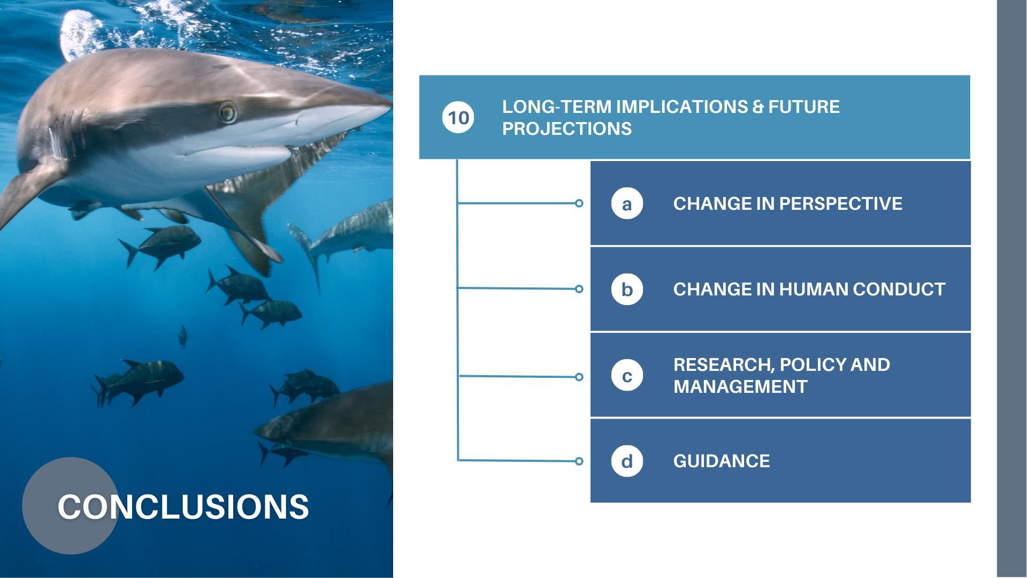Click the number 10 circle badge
[458, 118]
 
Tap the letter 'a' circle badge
[627, 203]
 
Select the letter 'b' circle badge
[627, 289]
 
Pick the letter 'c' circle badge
[627, 375]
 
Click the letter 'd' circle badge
[627, 461]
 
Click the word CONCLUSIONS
[183, 506]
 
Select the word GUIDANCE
[722, 461]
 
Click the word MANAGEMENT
[740, 386]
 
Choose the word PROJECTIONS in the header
[567, 128]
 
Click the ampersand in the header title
[758, 107]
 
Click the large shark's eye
[227, 112]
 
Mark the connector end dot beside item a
[579, 203]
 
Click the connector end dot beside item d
[579, 461]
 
